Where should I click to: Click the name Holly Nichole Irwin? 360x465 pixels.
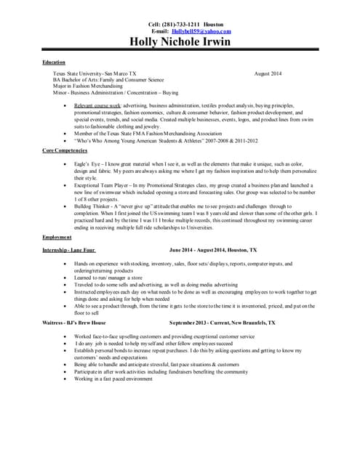[x=180, y=42]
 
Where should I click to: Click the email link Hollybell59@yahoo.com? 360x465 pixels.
[x=201, y=31]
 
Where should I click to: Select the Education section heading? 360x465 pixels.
[x=54, y=62]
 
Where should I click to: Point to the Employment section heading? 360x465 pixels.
[x=57, y=237]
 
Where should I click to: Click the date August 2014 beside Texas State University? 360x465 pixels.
[x=271, y=74]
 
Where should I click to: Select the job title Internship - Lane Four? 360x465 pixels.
[x=68, y=249]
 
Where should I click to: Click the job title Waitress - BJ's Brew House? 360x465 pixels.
[x=74, y=322]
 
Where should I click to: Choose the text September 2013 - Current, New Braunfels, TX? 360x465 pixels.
[x=222, y=322]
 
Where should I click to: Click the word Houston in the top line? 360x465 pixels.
[x=214, y=24]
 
